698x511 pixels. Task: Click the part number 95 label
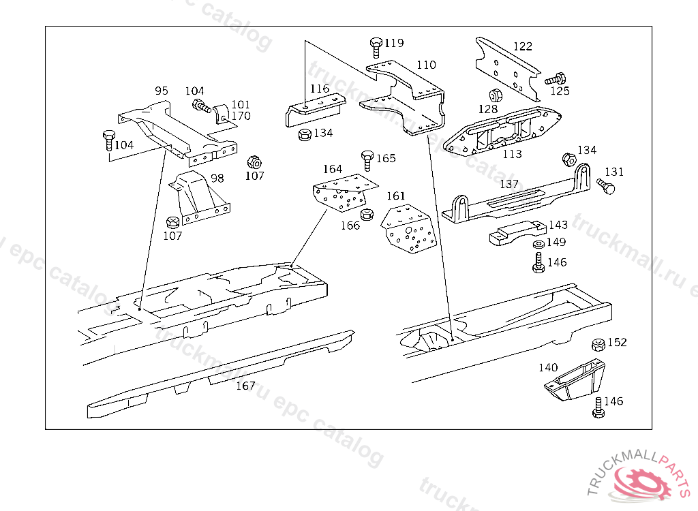[x=161, y=91]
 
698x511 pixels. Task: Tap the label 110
[x=426, y=65]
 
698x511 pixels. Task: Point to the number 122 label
[x=522, y=47]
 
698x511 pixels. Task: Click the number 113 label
[x=512, y=154]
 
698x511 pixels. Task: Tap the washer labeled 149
[x=538, y=244]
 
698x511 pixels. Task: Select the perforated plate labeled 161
[x=408, y=230]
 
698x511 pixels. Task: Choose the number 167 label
[x=245, y=386]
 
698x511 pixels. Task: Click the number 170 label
[x=241, y=117]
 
